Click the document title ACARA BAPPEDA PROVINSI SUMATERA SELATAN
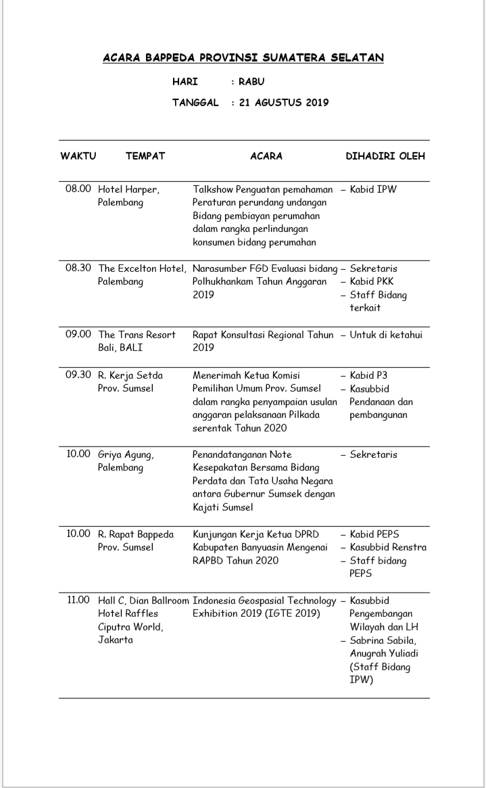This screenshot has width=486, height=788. (243, 58)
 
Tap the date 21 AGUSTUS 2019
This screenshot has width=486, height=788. (284, 103)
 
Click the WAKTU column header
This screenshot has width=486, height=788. (78, 156)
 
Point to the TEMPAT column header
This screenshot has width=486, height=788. (145, 156)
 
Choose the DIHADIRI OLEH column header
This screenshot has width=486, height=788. (385, 156)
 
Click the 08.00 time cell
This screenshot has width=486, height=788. (78, 189)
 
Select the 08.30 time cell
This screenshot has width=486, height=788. (78, 269)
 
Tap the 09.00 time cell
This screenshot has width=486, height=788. (78, 335)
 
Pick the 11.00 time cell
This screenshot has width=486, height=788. (78, 600)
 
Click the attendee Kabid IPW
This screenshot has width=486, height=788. (373, 189)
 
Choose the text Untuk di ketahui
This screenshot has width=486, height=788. (387, 335)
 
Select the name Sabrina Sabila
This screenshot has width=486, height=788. (383, 640)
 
